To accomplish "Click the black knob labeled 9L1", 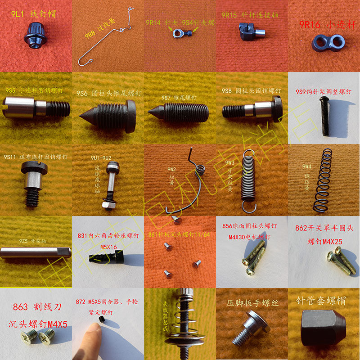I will pos(34,37).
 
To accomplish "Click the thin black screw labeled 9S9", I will pos(325,117).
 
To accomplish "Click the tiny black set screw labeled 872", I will pos(102,319).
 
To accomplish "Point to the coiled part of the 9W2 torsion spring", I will pos(201,170).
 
